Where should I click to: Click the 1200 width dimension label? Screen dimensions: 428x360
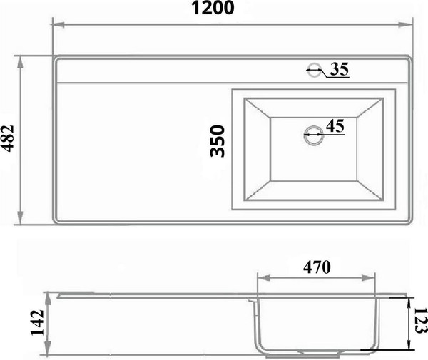coord(213,8)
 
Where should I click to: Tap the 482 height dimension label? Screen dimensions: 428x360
coord(8,138)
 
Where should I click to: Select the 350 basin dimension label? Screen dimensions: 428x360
coord(218,141)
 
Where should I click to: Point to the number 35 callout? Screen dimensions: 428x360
coord(340,69)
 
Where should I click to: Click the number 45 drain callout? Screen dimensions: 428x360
coord(335,125)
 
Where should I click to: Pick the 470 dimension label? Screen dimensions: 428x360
coord(317,267)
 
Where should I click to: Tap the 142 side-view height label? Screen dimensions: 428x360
coord(37,323)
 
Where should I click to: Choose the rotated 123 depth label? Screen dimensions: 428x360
coord(420,321)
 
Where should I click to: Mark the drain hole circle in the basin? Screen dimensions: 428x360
coord(313,135)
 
